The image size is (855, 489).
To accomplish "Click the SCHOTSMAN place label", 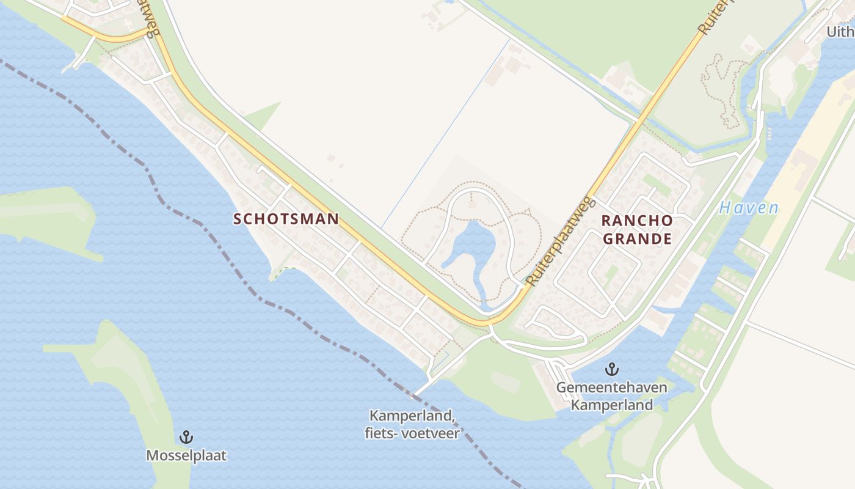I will [x=286, y=219].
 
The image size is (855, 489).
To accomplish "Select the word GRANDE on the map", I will [x=638, y=238].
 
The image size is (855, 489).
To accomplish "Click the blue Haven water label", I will [x=749, y=208].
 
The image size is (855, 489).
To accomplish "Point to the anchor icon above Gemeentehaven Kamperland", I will [x=611, y=369].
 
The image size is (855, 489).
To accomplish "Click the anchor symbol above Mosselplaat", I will [x=186, y=437].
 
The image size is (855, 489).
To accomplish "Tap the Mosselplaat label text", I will [x=186, y=455].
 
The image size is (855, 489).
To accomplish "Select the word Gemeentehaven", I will [x=611, y=388].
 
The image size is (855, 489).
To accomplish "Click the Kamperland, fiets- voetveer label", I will [x=414, y=425].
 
